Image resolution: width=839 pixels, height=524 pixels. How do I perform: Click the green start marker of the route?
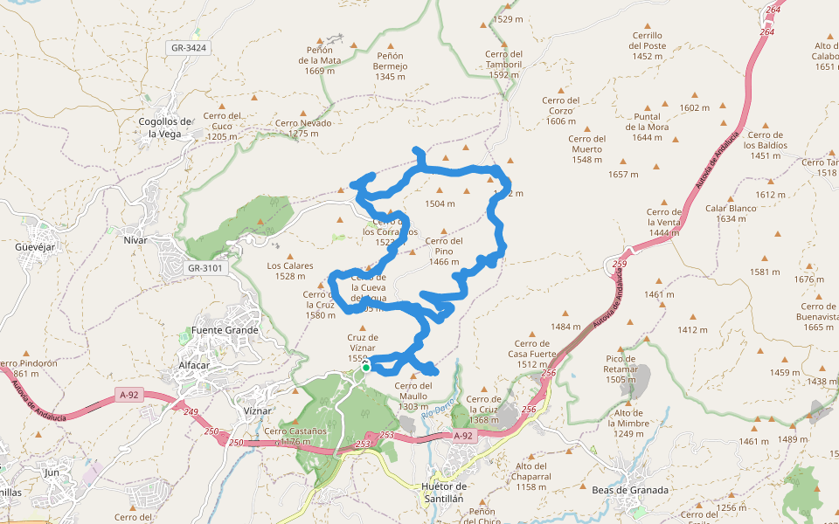[x=366, y=368]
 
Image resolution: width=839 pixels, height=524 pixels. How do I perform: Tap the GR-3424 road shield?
[x=189, y=47]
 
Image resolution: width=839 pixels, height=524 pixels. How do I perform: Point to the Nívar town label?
[x=135, y=239]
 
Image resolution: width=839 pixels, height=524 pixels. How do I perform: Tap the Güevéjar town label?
[x=35, y=247]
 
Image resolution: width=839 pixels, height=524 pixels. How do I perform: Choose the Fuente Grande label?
[x=225, y=330]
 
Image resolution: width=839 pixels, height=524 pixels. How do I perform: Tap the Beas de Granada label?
[x=629, y=490]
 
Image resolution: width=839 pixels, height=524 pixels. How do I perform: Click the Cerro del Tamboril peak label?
[x=504, y=64]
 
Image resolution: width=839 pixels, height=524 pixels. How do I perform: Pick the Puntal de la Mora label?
[x=647, y=127]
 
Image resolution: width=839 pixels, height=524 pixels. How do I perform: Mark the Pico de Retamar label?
[x=621, y=369]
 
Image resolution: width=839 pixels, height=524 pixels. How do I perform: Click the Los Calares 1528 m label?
[x=289, y=271]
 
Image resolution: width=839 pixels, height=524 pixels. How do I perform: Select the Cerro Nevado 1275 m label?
[x=303, y=128]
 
